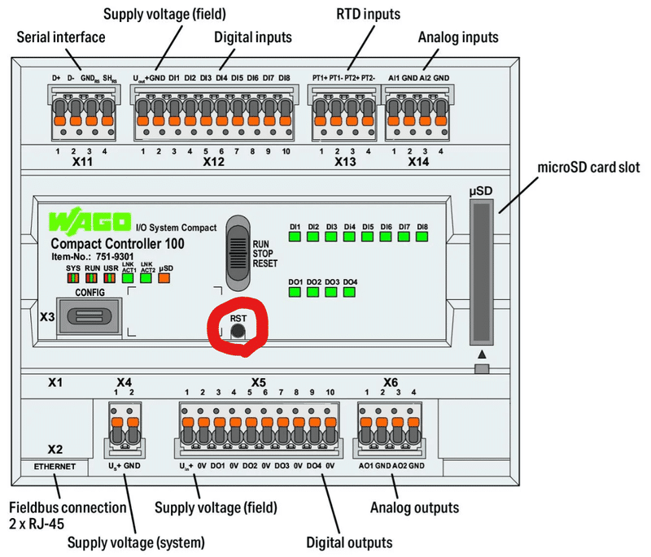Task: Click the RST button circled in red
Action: coord(238,331)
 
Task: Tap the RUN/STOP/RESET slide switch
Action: coord(238,251)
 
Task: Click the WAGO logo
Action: coord(89,222)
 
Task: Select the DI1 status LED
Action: coord(295,238)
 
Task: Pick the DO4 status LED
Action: coord(350,293)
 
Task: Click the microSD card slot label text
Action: coord(588,168)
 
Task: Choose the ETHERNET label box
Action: coord(55,467)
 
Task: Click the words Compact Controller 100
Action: coord(117,243)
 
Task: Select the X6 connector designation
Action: coord(391,381)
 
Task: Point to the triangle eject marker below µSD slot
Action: coord(482,355)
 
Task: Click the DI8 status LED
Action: coord(422,238)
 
